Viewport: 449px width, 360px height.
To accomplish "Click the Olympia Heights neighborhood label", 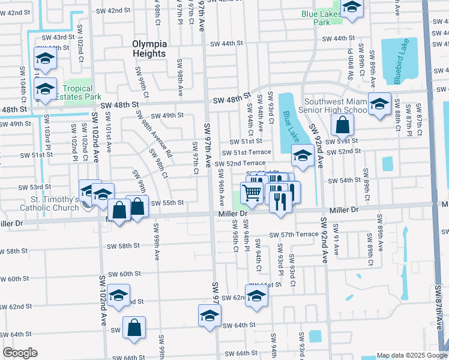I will click(149, 49).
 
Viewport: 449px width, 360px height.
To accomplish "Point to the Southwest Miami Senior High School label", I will click(336, 106).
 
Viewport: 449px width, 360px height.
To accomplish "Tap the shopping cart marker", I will click(252, 193).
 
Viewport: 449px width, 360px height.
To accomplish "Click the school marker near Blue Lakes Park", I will click(352, 7).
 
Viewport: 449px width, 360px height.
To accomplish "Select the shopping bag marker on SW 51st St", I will click(342, 126).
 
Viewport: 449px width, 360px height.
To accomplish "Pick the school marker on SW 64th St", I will click(209, 315).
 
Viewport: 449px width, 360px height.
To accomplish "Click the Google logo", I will click(20, 353).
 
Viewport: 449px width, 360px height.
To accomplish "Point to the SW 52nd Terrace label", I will click(240, 163).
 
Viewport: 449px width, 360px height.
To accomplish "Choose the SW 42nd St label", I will click(111, 10).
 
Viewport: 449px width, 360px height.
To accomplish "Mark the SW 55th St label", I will click(166, 203).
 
